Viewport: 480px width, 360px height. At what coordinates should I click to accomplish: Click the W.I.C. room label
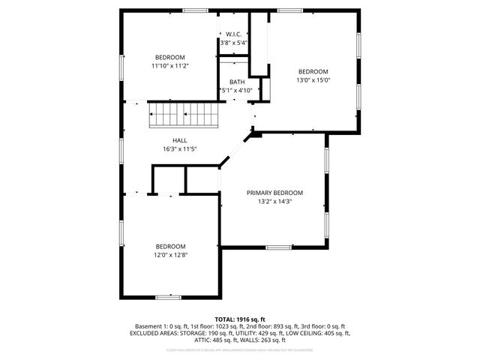pos(232,34)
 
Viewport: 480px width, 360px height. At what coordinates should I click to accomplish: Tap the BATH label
pos(237,82)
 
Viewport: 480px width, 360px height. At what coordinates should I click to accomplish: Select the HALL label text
pos(180,140)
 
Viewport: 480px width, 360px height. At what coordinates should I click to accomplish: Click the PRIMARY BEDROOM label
pos(274,193)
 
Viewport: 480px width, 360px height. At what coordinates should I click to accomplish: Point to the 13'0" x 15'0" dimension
pos(313,80)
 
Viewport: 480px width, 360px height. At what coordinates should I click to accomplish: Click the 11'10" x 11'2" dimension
pos(170,66)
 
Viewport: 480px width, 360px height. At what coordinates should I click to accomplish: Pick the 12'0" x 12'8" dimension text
pos(170,255)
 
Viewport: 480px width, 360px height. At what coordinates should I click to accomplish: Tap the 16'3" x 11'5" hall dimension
pos(180,148)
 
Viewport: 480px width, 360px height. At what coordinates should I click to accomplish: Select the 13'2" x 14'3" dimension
pos(274,201)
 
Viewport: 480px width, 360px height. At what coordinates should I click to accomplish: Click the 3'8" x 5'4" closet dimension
pos(232,43)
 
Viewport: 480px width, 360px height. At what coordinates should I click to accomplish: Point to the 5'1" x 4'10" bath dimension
pos(238,91)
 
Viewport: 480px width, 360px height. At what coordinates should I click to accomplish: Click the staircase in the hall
pos(185,115)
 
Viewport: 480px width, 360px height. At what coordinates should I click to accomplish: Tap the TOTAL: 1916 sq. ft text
pos(240,319)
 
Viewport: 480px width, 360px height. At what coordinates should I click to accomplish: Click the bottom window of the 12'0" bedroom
pos(168,297)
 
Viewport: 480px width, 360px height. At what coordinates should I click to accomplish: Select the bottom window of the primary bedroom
pos(279,247)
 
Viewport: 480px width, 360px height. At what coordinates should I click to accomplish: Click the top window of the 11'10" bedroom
pos(196,10)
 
